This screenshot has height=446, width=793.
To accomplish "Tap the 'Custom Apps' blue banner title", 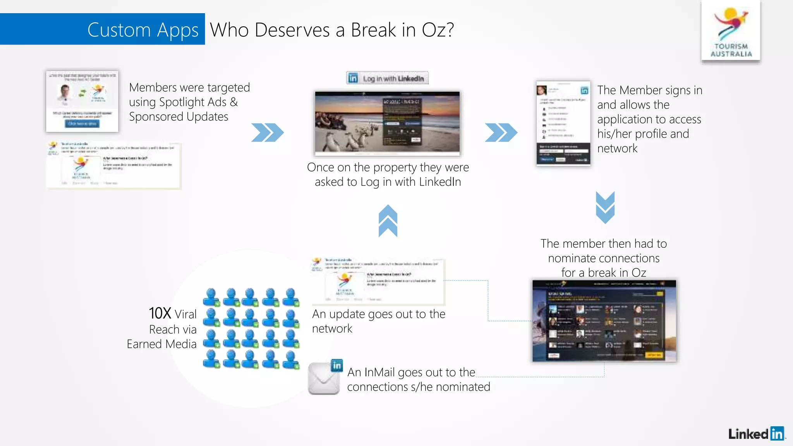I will (142, 30).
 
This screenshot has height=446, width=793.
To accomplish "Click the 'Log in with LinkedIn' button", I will (387, 78).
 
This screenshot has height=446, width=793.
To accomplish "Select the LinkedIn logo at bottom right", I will (756, 434).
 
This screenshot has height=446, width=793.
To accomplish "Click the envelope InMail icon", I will (324, 378).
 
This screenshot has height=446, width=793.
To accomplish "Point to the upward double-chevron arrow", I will (388, 221).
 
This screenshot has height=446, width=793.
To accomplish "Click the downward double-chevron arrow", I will (605, 207).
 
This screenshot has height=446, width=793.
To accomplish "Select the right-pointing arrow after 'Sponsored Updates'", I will (267, 132).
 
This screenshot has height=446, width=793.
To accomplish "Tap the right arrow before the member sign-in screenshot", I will (501, 132).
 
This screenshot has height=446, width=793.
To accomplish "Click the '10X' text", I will (160, 313).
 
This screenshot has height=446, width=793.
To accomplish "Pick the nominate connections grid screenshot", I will (604, 321).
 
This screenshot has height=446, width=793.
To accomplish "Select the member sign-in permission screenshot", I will (563, 123).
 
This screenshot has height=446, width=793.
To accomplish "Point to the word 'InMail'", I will (380, 372).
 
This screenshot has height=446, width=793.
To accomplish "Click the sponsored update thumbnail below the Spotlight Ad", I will (114, 165).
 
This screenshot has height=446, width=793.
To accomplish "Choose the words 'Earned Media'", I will (161, 344).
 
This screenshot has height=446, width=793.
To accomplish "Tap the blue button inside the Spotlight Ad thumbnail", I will (82, 124).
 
